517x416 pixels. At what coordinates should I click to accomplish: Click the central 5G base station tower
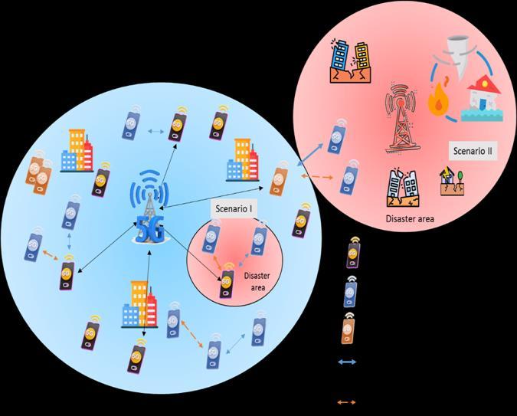click(x=150, y=207)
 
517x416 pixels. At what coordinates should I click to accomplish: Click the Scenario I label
click(x=233, y=208)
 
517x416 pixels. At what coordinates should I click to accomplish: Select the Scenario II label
click(x=471, y=152)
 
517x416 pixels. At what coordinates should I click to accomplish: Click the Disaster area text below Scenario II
click(x=410, y=219)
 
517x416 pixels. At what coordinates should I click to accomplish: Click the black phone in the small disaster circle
click(x=227, y=283)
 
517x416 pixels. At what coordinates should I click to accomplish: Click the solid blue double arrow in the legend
click(x=347, y=362)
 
